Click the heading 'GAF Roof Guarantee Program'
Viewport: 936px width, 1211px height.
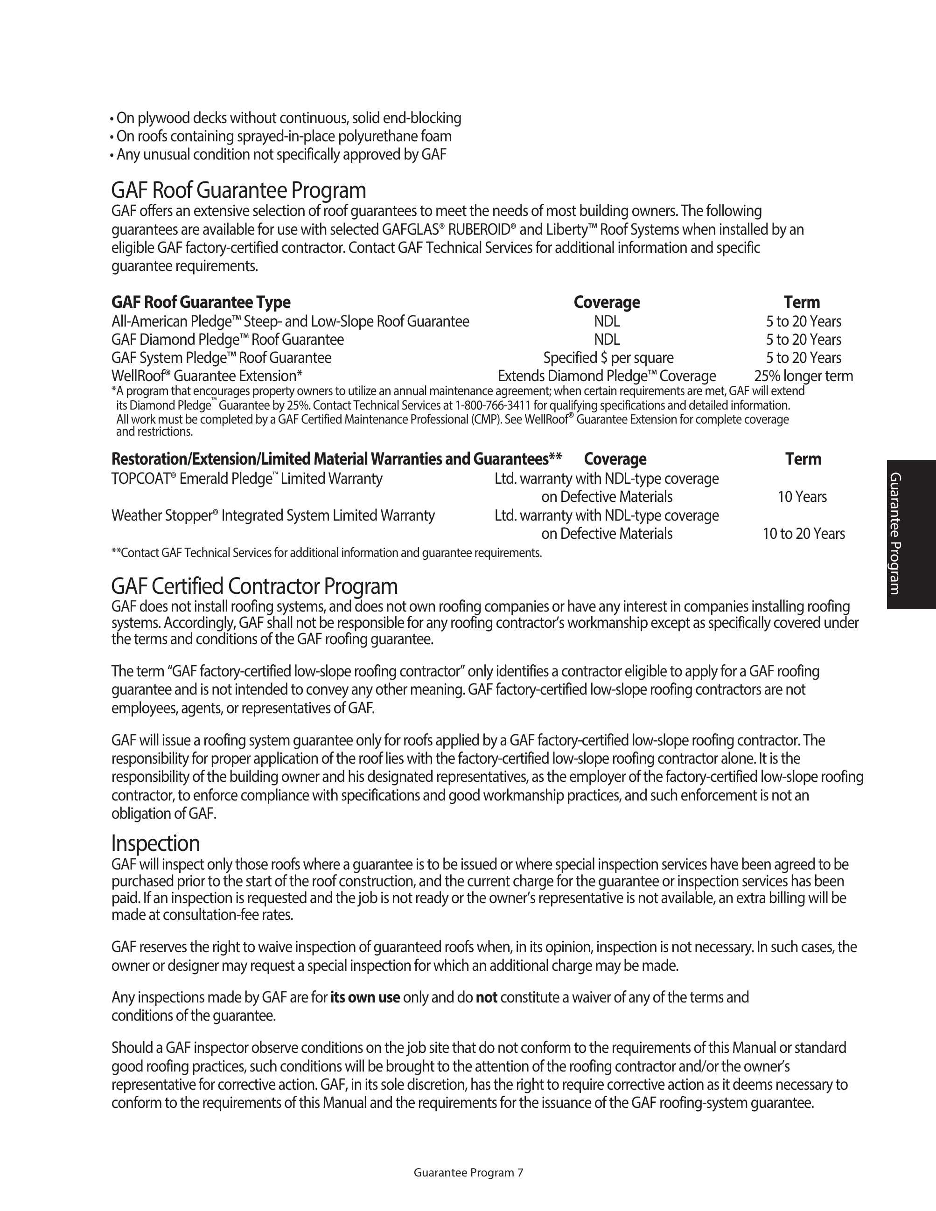[x=238, y=190]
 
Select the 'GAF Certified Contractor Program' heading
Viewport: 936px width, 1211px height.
[x=254, y=586]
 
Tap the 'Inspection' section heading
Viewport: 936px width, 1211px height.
[x=155, y=843]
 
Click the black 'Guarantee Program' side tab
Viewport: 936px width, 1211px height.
[x=911, y=534]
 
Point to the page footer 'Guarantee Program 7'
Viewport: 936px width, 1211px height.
[x=468, y=1172]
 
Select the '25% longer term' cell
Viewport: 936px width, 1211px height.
[x=803, y=376]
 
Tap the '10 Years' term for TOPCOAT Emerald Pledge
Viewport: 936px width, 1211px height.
[x=802, y=497]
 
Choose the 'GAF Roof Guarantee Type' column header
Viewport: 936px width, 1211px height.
[x=201, y=302]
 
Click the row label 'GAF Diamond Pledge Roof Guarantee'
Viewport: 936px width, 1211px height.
[x=227, y=339]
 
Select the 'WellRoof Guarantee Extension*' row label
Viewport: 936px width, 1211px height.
[x=207, y=376]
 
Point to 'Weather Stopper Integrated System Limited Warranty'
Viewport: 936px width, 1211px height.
[x=273, y=515]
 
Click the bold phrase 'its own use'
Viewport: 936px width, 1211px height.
[x=365, y=997]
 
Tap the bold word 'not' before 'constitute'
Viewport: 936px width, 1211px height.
[x=486, y=997]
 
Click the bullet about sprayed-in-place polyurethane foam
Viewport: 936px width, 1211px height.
[x=283, y=136]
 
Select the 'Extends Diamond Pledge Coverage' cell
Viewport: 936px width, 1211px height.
[x=607, y=376]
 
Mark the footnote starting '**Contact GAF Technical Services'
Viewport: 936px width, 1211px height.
[x=327, y=553]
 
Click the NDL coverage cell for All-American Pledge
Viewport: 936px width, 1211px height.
[x=607, y=321]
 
